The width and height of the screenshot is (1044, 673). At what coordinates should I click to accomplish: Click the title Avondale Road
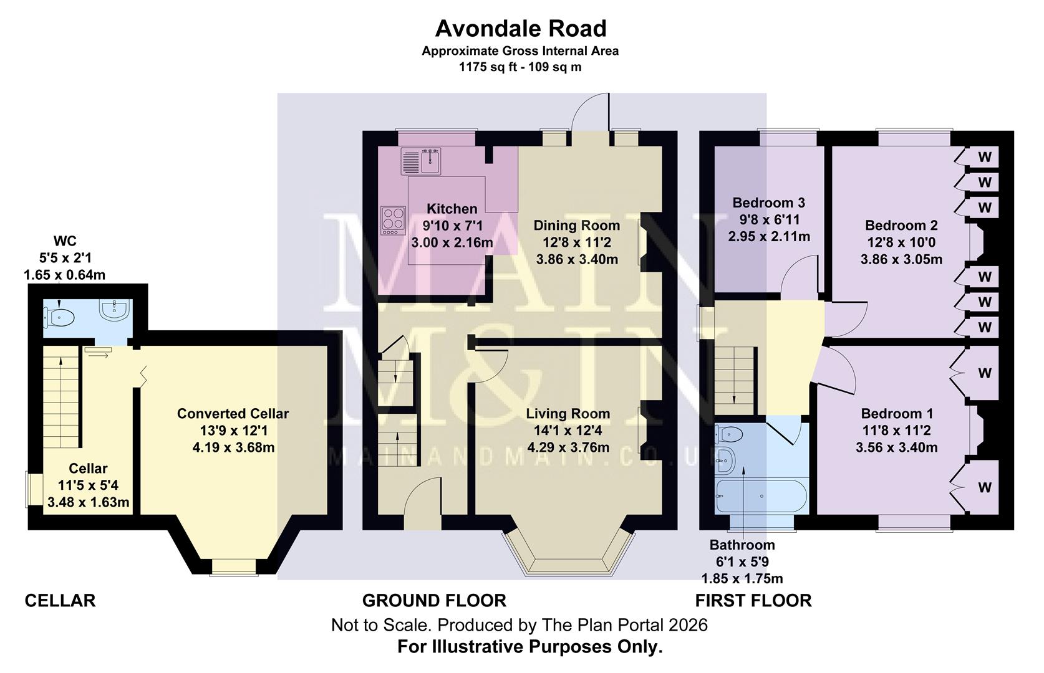point(521,29)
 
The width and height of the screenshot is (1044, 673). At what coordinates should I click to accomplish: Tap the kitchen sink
point(430,162)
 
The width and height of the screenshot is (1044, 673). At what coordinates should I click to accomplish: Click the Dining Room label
point(576,225)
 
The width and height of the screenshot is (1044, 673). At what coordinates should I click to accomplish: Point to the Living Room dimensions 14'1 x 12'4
point(568,430)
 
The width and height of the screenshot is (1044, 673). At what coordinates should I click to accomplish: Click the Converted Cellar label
point(233,414)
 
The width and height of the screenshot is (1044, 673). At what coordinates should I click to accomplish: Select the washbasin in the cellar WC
point(115,310)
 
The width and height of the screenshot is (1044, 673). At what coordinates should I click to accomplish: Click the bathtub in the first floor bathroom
point(761,497)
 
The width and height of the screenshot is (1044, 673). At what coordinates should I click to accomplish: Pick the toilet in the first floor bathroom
point(727,432)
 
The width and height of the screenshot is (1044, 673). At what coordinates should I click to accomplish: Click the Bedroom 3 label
point(768,203)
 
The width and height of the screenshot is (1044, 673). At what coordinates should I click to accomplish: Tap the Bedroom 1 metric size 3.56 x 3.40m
point(897,447)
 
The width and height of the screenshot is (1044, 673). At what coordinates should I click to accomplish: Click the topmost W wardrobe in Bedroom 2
point(984,157)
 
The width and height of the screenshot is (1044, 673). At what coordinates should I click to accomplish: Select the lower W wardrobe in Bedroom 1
point(984,487)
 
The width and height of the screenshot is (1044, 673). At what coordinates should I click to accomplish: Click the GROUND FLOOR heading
point(434,601)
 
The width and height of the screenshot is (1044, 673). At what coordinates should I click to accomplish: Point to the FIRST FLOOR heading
point(753,601)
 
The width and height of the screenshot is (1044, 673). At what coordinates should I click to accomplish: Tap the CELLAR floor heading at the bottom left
point(60,601)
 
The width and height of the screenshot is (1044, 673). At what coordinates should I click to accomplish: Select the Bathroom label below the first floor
point(742,545)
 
